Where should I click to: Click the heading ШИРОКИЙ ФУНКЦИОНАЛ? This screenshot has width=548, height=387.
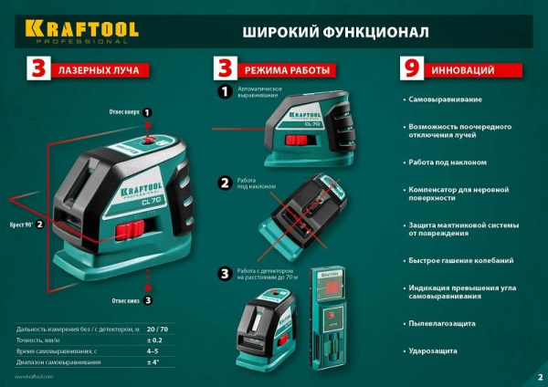point(335,31)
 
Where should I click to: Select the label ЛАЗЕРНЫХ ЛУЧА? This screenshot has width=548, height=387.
point(96,69)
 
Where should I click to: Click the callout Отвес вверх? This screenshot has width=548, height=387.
point(125,112)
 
